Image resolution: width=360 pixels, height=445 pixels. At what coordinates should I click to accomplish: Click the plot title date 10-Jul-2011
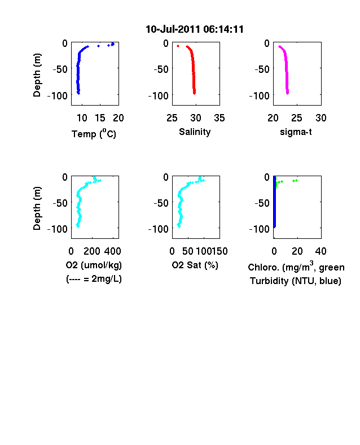click(x=173, y=29)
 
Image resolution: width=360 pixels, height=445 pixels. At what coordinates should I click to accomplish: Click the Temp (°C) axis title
click(x=94, y=134)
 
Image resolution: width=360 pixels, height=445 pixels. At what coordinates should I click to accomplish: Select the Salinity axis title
click(x=195, y=132)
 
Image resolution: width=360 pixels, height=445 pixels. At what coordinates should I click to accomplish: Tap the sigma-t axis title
click(x=296, y=132)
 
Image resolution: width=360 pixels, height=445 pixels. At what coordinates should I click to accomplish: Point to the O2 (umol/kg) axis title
click(x=94, y=265)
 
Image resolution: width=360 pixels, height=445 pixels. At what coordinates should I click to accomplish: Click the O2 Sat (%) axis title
click(x=195, y=265)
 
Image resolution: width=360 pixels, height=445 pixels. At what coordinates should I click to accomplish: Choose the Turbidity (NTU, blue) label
click(x=295, y=281)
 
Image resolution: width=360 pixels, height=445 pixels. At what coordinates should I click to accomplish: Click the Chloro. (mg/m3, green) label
click(x=296, y=267)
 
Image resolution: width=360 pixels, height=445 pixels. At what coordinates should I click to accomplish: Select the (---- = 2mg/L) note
click(x=94, y=279)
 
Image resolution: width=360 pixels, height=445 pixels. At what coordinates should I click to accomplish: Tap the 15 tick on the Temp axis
click(x=100, y=118)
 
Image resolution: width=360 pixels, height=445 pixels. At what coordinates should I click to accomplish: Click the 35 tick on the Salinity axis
click(x=219, y=118)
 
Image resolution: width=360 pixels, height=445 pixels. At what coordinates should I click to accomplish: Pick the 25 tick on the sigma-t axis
click(x=297, y=118)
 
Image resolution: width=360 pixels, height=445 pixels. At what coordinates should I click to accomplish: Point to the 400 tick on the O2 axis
click(x=112, y=251)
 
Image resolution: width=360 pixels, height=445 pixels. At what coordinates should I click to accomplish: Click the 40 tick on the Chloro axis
click(x=321, y=251)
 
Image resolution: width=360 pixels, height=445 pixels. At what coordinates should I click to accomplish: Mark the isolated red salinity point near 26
click(x=178, y=46)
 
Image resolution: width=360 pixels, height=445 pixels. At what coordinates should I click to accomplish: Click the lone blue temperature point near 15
click(x=98, y=46)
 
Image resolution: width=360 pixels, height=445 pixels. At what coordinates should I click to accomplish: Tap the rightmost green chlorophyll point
click(x=296, y=180)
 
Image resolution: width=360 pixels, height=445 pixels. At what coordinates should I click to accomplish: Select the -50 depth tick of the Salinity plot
click(x=161, y=69)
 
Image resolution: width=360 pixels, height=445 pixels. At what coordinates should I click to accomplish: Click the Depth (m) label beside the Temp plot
click(x=37, y=75)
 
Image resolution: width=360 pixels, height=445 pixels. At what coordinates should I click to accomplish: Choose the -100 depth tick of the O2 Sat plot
click(x=158, y=229)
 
